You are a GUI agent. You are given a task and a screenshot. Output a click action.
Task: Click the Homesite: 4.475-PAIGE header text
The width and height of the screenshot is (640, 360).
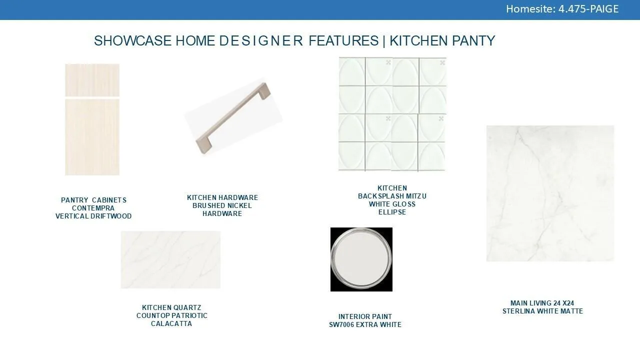pos(562,9)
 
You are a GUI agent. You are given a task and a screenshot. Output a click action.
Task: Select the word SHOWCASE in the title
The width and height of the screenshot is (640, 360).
pos(133,40)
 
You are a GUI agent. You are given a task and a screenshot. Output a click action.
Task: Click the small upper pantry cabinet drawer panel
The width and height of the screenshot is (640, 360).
pos(92,80)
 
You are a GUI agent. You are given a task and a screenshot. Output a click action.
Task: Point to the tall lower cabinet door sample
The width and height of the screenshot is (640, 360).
pos(92,137)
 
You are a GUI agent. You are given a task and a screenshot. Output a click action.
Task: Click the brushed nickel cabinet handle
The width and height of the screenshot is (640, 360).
pos(233,118)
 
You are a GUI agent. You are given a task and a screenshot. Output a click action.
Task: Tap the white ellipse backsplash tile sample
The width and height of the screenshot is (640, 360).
pos(392,114)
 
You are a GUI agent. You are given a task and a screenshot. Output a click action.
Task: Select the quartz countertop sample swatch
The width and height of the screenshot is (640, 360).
pos(170,259)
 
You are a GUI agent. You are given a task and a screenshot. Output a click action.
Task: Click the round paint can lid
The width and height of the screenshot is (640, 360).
pos(361,259)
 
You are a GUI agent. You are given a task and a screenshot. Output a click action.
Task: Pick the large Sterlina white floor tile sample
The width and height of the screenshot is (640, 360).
pos(550,193)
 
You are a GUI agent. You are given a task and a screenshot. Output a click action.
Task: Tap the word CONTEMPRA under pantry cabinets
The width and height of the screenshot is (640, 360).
pos(93,208)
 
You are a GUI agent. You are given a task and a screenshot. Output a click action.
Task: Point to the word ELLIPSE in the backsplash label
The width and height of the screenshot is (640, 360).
pos(392,212)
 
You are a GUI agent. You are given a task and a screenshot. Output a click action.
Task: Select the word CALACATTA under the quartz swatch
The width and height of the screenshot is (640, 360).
pos(171,323)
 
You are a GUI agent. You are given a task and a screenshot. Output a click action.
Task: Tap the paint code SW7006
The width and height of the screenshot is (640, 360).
pos(341,325)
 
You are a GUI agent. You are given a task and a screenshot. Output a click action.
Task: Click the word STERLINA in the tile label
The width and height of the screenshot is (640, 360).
pos(516,311)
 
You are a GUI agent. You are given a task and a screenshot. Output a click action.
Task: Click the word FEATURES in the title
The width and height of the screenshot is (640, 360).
pos(343,40)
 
